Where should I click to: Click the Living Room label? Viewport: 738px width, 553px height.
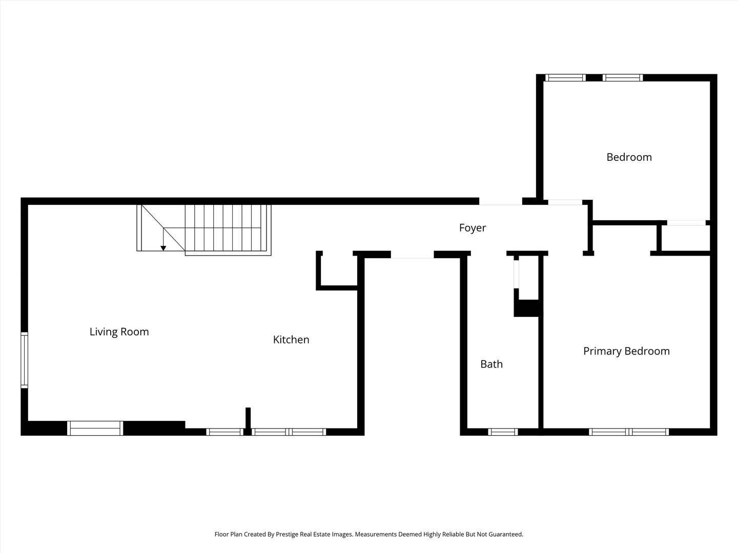tap(119, 332)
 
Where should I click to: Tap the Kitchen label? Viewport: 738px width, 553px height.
tap(291, 339)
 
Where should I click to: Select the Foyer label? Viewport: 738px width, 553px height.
tap(473, 228)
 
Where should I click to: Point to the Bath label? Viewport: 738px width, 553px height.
tap(491, 364)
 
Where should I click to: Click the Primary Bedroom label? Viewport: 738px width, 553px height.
tap(626, 351)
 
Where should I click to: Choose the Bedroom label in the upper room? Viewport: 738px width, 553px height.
tap(629, 157)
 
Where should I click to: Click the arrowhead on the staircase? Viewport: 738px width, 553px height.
tap(163, 248)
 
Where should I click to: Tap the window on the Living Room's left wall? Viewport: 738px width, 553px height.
tap(24, 360)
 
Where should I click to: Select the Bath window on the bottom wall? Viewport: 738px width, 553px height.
tap(503, 432)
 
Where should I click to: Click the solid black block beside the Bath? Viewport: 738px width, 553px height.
tap(527, 308)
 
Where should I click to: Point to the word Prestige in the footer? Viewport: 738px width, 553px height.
tap(288, 534)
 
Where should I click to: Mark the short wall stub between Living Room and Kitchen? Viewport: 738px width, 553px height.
tap(248, 418)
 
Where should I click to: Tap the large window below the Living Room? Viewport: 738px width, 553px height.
tap(95, 428)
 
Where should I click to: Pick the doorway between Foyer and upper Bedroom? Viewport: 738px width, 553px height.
tap(565, 202)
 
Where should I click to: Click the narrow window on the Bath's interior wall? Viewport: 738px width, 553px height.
tap(516, 274)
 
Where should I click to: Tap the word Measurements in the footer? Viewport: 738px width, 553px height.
tap(376, 534)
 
